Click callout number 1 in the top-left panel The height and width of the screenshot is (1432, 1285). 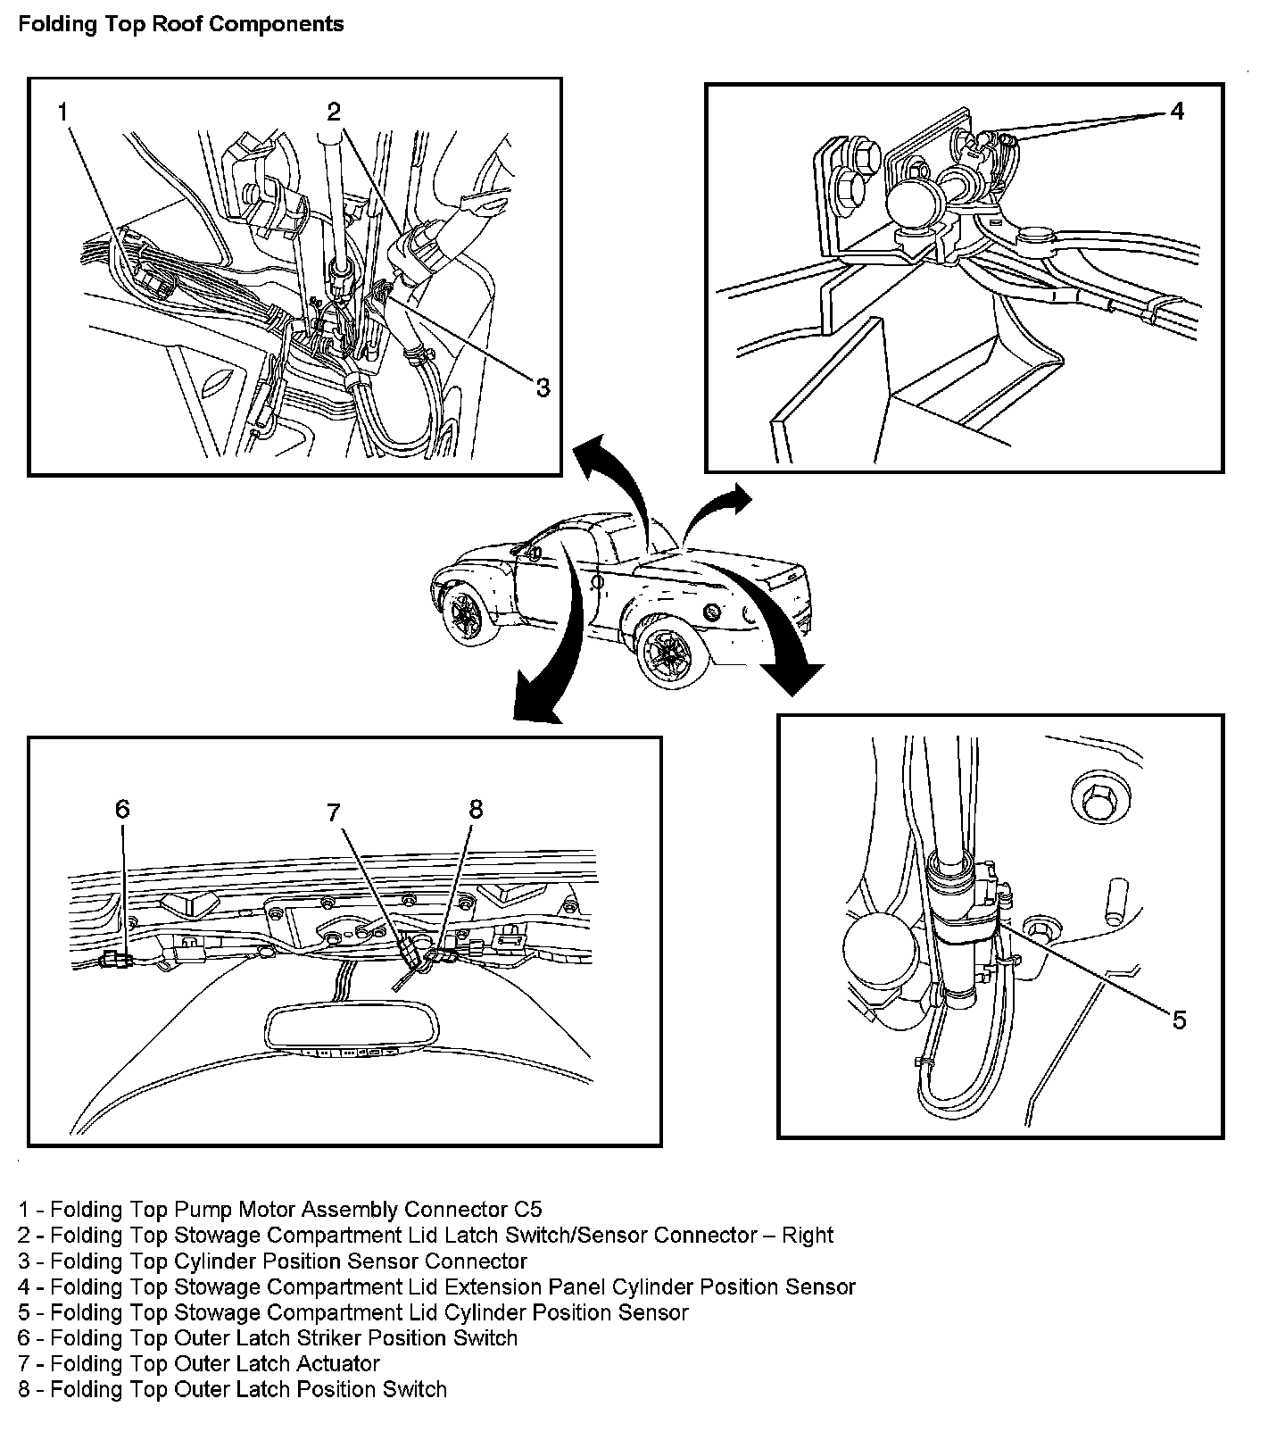pyautogui.click(x=62, y=112)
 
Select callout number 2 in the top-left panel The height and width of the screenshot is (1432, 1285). pyautogui.click(x=334, y=112)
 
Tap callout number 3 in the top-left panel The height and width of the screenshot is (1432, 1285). pyautogui.click(x=543, y=387)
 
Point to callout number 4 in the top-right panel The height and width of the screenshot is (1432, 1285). pyautogui.click(x=1177, y=111)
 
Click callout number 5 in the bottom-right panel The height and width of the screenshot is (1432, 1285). pyautogui.click(x=1179, y=1020)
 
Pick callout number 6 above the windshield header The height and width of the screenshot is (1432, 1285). pyautogui.click(x=122, y=809)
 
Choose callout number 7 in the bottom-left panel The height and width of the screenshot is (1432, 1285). pyautogui.click(x=334, y=812)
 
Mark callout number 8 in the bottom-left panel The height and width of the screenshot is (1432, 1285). pyautogui.click(x=476, y=809)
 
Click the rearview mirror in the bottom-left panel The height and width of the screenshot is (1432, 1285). pyautogui.click(x=352, y=1030)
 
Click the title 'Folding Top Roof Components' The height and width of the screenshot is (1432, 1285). pyautogui.click(x=181, y=24)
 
